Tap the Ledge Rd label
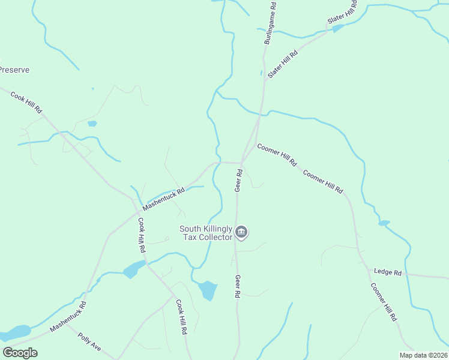coord(388,272)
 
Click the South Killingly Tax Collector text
coord(206,233)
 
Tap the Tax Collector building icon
coord(241,232)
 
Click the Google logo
coord(20,353)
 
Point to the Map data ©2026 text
coord(423,355)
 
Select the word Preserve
coord(14,70)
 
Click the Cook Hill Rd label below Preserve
coord(26,101)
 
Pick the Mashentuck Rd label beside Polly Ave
coord(68,317)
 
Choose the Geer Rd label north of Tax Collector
coord(239,181)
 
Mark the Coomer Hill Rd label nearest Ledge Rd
coord(384,303)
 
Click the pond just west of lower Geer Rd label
coord(208,290)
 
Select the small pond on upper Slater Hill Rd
coord(338,28)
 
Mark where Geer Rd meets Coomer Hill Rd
coord(241,162)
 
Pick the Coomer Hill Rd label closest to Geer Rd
coord(277,155)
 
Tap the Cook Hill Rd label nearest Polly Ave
coord(181,317)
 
